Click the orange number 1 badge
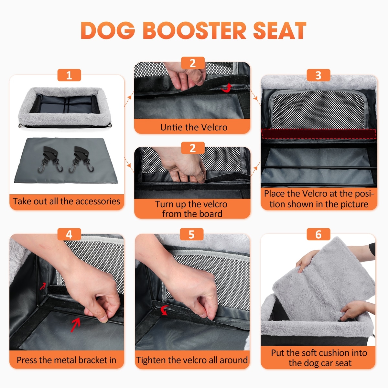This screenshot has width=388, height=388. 69,75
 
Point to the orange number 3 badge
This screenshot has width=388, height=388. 318,75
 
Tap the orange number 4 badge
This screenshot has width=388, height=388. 69,234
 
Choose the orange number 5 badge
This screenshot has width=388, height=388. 192,234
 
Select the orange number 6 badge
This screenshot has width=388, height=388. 318,234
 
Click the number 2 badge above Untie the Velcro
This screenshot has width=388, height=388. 193,63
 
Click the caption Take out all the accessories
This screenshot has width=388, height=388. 67,201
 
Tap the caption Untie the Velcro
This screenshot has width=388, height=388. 194,127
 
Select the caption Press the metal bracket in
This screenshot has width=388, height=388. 67,360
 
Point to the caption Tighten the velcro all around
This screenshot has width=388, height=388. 192,360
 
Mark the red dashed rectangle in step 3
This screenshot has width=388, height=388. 318,134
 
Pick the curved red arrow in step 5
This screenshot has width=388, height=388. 164,310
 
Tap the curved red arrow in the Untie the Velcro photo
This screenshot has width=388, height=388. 227,88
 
